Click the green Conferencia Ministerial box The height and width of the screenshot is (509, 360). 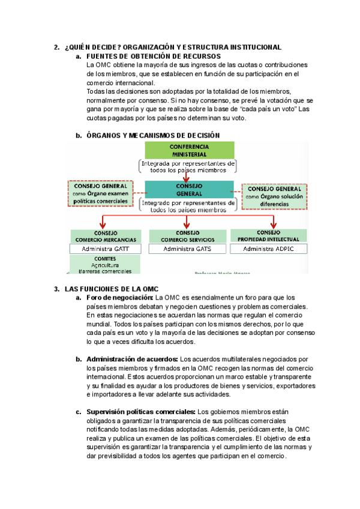tap(189, 150)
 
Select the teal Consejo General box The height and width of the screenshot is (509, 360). tap(189, 190)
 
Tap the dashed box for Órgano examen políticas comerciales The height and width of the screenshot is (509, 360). tap(101, 194)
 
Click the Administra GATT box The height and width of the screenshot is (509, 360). tap(105, 248)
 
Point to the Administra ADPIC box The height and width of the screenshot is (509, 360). tap(268, 248)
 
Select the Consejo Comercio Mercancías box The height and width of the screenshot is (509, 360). tap(105, 236)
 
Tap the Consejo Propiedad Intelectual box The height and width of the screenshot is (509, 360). tap(268, 235)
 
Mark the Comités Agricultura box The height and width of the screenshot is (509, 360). tap(105, 264)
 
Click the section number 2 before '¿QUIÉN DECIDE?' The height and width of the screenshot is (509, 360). tap(56, 47)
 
